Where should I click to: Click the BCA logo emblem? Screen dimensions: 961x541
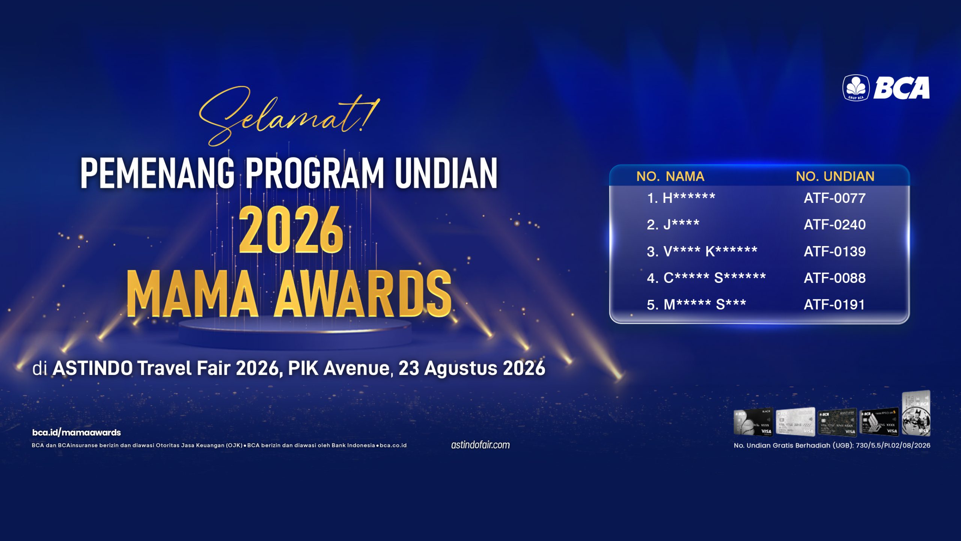click(x=856, y=88)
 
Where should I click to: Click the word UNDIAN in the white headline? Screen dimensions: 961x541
click(x=446, y=173)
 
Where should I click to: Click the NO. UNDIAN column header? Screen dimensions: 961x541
click(x=835, y=176)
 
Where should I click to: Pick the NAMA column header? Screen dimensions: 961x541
click(x=685, y=176)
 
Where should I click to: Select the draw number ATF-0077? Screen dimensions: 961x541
click(x=834, y=198)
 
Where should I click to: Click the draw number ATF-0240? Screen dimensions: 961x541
click(x=834, y=225)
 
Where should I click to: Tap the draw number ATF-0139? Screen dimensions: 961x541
click(x=834, y=251)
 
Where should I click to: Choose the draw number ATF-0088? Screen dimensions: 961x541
click(x=834, y=278)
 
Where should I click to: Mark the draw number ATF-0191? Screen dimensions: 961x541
click(x=834, y=305)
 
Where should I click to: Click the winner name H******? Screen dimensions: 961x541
click(x=689, y=198)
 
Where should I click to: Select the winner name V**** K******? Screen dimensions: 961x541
click(x=711, y=251)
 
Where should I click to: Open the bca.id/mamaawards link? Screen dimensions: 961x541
click(x=77, y=432)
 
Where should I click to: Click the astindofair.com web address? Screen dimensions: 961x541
click(x=480, y=445)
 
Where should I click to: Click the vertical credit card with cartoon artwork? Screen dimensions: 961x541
click(x=916, y=413)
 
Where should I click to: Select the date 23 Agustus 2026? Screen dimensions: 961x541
click(x=472, y=368)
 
